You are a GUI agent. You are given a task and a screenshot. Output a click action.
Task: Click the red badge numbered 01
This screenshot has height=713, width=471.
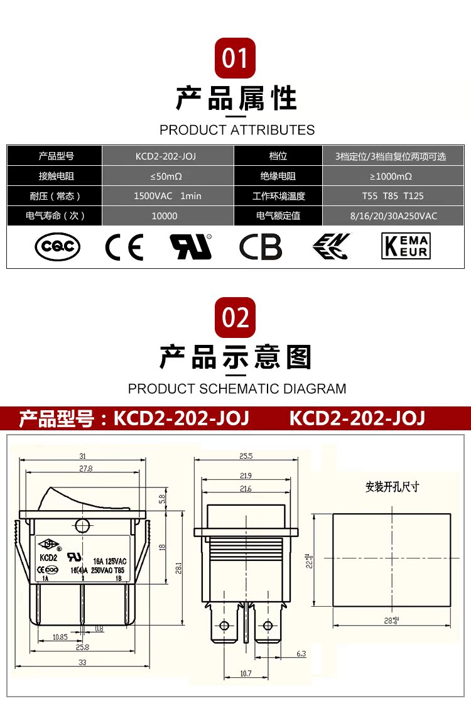click(235, 58)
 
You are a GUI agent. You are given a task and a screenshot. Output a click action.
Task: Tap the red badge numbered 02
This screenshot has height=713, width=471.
click(235, 318)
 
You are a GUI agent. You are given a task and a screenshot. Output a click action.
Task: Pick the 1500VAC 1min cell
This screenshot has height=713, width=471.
click(167, 196)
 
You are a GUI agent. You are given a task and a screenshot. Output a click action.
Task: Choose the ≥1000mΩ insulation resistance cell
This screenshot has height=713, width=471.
click(391, 177)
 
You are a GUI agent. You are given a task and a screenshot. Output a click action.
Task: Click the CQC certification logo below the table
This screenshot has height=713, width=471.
click(57, 247)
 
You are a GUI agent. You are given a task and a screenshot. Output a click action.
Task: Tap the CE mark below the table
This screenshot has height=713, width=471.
click(124, 247)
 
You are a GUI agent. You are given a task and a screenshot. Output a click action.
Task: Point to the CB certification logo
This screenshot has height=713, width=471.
click(261, 247)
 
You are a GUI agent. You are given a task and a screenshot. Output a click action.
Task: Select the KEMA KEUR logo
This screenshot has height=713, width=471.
click(406, 246)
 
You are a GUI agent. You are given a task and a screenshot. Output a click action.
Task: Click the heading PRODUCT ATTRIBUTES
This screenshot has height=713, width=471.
click(237, 130)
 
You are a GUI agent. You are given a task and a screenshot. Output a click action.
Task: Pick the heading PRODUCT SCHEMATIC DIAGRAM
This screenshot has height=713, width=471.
click(237, 389)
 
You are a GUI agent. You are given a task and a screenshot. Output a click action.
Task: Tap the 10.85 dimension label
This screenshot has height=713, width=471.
click(60, 637)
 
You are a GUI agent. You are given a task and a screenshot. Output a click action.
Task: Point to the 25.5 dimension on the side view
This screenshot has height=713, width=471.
click(246, 456)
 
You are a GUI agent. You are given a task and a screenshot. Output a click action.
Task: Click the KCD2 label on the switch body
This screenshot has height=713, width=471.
click(48, 557)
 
